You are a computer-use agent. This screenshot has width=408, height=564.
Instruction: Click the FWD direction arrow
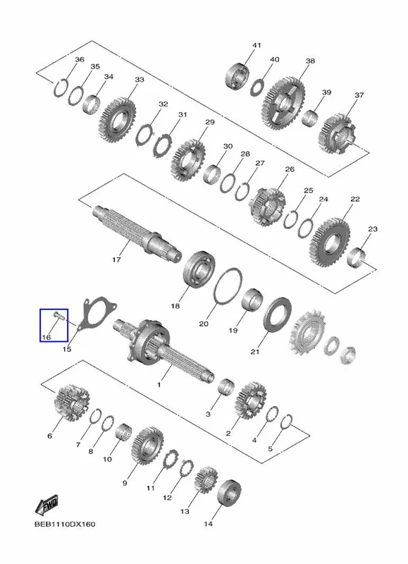(x=47, y=505)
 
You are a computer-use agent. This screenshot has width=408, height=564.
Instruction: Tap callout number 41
(x=256, y=45)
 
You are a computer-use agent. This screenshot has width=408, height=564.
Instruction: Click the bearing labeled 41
(x=237, y=77)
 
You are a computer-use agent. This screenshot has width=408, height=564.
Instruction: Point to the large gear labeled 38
(x=285, y=103)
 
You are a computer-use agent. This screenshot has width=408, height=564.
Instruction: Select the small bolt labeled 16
(x=58, y=316)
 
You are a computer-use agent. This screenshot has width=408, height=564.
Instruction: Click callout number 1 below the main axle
(x=159, y=384)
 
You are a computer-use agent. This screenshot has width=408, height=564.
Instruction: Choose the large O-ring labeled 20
(x=228, y=287)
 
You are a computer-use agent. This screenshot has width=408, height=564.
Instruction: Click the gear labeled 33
(x=117, y=120)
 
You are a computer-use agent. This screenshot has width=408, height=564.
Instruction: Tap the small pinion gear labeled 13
(x=206, y=479)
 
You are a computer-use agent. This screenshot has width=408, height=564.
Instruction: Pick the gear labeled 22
(x=330, y=242)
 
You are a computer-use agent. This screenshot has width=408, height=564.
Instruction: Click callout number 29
(x=210, y=122)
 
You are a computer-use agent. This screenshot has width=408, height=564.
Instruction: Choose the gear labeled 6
(x=72, y=403)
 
